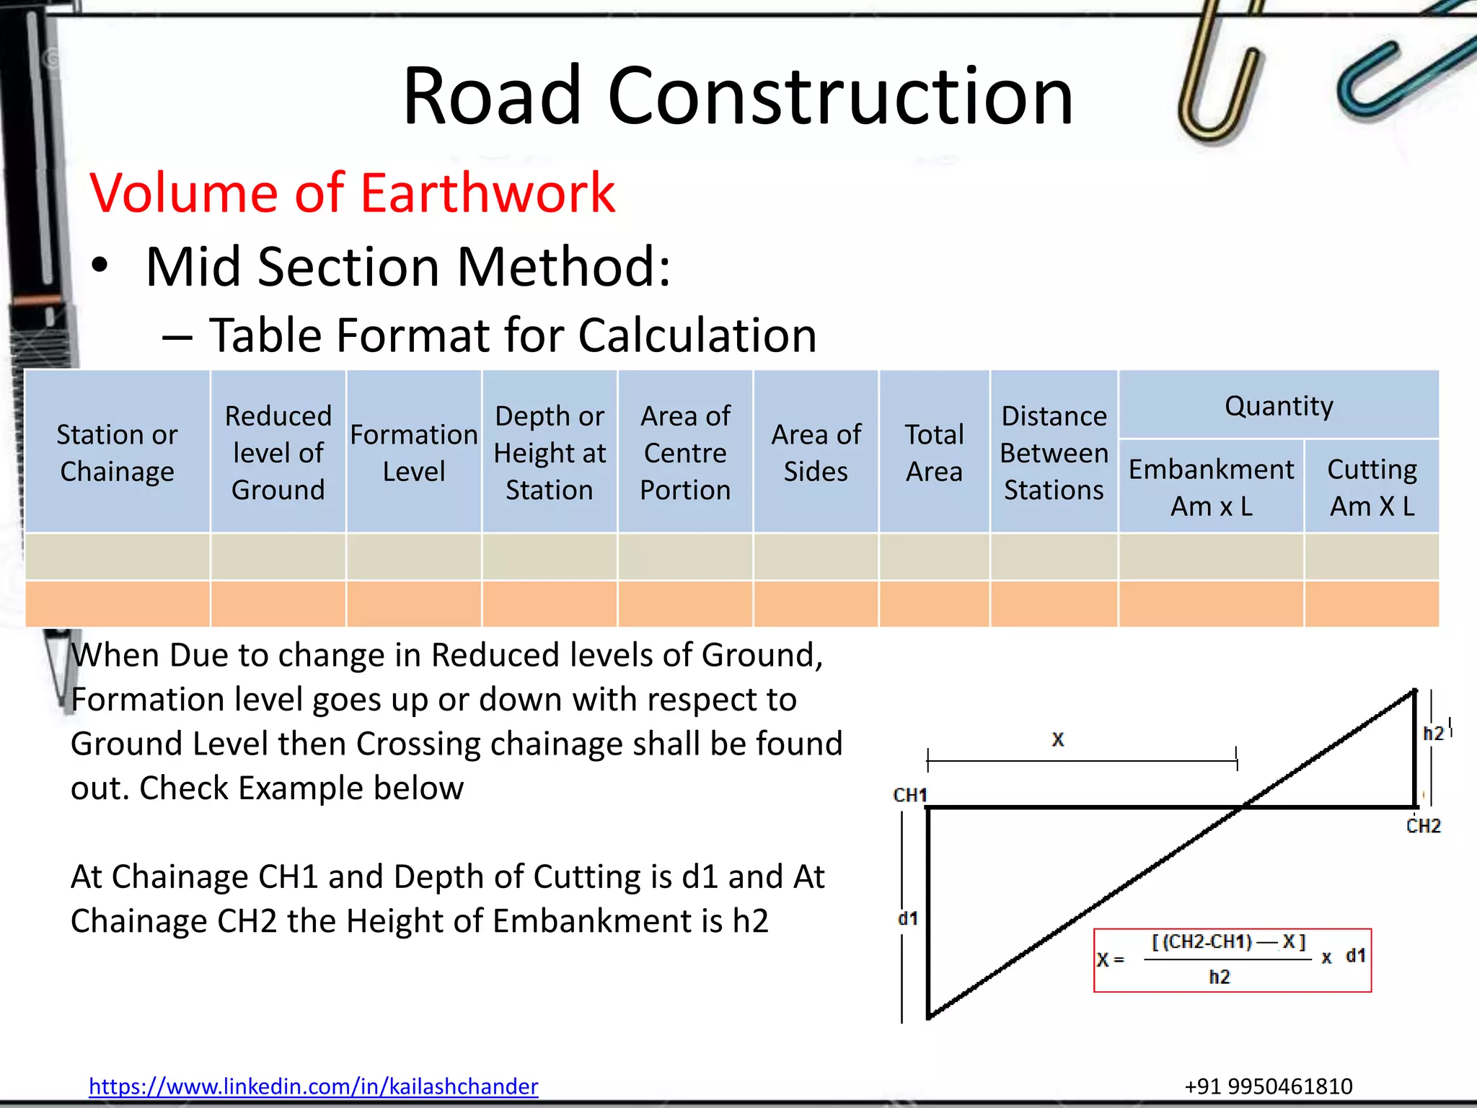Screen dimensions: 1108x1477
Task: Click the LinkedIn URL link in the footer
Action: click(x=313, y=1086)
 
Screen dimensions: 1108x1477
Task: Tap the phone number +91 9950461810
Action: click(x=1268, y=1086)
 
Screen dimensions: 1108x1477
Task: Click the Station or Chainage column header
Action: click(x=117, y=452)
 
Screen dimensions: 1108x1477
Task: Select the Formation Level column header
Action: click(x=414, y=452)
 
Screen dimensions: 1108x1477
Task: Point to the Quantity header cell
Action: click(x=1278, y=405)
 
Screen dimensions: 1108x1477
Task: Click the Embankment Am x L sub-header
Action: click(x=1211, y=487)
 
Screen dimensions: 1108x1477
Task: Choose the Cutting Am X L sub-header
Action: click(x=1372, y=487)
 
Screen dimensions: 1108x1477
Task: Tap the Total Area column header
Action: click(x=934, y=452)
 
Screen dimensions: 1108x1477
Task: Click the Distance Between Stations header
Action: click(x=1054, y=452)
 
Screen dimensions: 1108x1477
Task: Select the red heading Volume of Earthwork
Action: click(x=352, y=193)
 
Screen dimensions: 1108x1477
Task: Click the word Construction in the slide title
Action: click(x=840, y=96)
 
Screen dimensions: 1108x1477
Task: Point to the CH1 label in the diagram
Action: click(x=909, y=795)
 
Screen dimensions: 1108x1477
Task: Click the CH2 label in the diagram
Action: click(x=1423, y=826)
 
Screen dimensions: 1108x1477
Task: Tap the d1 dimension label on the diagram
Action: click(x=907, y=918)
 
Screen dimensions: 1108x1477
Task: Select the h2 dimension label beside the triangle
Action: click(x=1433, y=734)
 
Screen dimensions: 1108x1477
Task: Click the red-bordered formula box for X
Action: click(x=1232, y=960)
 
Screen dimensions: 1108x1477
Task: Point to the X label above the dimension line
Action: click(x=1057, y=739)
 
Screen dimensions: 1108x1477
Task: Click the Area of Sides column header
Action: click(x=816, y=452)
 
